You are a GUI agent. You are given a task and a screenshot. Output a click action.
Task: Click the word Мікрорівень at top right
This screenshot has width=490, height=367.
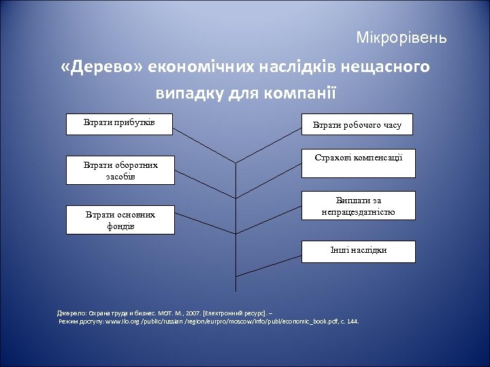(402, 37)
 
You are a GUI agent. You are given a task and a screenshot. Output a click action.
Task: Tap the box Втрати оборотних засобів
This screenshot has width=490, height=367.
(119, 171)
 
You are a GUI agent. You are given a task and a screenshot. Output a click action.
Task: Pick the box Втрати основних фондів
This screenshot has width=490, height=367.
(119, 220)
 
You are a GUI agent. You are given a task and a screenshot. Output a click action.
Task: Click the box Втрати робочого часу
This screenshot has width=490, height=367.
(357, 125)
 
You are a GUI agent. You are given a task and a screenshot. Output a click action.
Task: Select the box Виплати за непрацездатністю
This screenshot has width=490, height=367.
(357, 207)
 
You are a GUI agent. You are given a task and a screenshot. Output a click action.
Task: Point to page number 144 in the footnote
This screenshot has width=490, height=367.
(351, 321)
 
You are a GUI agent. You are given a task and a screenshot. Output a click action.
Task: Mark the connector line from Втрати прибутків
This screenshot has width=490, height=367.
(204, 142)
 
